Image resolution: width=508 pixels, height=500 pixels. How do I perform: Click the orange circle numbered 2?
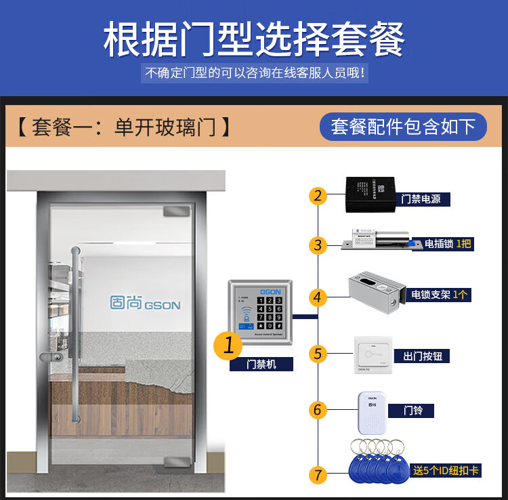(x=318, y=196)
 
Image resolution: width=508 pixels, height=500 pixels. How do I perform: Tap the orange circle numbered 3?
(x=318, y=245)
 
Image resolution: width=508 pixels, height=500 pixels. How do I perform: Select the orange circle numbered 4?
(x=318, y=297)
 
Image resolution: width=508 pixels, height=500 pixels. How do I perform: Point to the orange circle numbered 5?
(x=318, y=354)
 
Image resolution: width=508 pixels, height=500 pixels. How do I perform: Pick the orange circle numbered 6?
(x=318, y=410)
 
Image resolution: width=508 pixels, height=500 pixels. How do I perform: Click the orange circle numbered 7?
(x=318, y=474)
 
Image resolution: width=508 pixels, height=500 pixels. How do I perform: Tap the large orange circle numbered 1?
(x=228, y=346)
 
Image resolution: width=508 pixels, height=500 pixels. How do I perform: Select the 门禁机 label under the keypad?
(x=261, y=364)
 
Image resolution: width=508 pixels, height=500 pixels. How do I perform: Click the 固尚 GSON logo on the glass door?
(x=145, y=302)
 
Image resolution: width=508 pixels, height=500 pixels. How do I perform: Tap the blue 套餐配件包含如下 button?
(x=403, y=127)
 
